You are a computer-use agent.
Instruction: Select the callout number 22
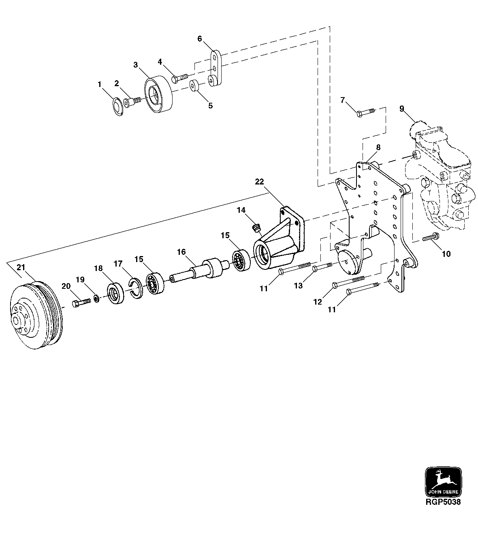click(259, 182)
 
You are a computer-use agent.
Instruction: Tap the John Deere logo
click(443, 482)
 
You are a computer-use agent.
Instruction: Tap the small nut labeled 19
click(97, 299)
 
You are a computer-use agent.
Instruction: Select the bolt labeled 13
click(322, 267)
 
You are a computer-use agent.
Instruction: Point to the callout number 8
click(378, 148)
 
